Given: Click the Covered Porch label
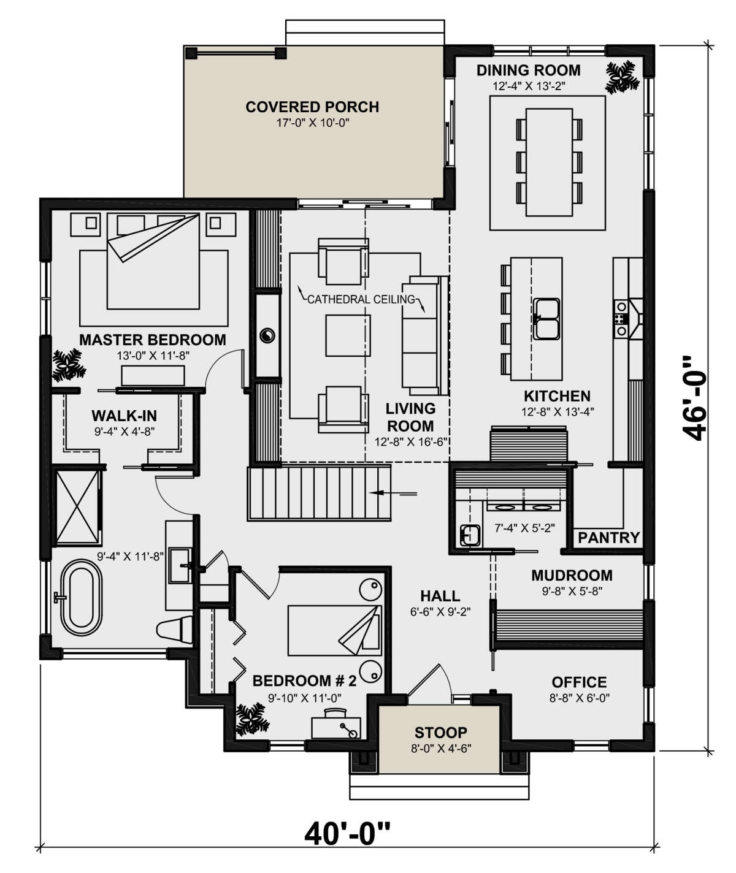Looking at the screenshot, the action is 312,107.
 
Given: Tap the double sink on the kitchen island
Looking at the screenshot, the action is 546,319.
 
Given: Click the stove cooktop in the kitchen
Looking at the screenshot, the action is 621,319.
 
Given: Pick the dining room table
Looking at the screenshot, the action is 549,162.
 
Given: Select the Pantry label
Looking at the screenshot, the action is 609,537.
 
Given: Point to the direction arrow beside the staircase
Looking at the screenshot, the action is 393,494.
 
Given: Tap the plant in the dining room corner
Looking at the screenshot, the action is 622,77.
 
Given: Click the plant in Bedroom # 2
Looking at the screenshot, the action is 250,719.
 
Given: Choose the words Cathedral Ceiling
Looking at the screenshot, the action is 361,299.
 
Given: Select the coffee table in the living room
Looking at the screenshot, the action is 348,335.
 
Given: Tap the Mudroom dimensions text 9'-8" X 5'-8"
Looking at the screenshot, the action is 572,591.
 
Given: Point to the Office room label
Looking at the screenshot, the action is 579,682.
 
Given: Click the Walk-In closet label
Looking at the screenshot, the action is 125,416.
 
